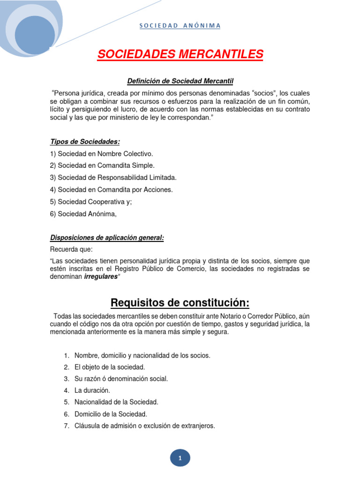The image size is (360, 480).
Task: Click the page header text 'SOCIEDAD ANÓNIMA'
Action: coord(180,25)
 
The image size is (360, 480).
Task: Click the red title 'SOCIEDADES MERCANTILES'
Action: coord(180,55)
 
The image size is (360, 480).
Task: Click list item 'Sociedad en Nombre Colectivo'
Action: coord(101,154)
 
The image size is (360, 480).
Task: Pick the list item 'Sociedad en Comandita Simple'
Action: coord(102,165)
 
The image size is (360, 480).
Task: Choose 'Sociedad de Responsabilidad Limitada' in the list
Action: coord(113,178)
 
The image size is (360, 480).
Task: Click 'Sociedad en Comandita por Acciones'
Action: coord(111,189)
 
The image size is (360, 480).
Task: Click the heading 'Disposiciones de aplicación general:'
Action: coord(107,238)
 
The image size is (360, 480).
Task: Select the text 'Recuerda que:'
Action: coord(71,249)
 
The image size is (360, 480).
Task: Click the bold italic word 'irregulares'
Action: coord(101,277)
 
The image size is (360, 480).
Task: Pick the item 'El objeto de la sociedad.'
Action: coord(110,367)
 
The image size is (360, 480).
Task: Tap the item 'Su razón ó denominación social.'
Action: coord(121,379)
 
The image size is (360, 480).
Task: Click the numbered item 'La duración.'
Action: coord(92,390)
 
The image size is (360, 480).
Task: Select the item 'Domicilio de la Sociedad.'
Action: coord(111,414)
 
